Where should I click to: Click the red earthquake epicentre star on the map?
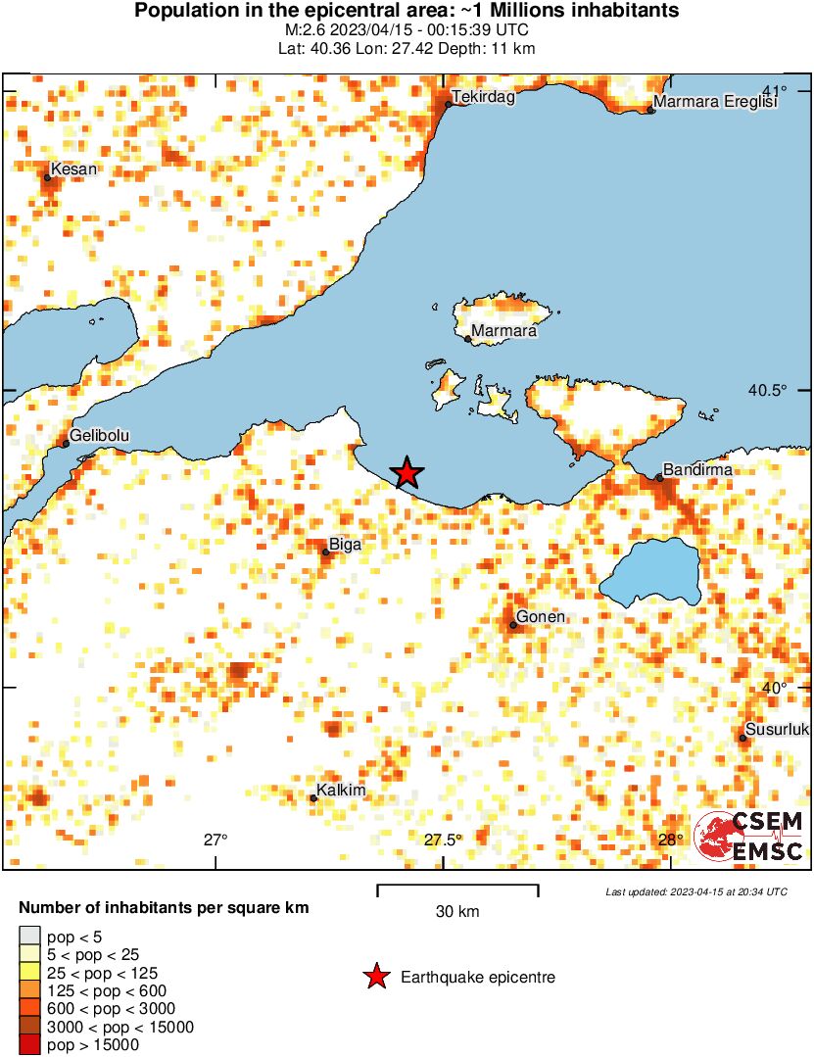(x=407, y=473)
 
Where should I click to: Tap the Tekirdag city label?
(x=483, y=97)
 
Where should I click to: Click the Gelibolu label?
(x=100, y=436)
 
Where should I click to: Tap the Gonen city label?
(x=540, y=617)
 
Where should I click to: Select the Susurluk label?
(x=778, y=730)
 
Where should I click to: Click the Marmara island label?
(x=503, y=332)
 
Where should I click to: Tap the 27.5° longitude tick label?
(x=444, y=840)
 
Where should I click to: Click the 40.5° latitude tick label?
(x=768, y=390)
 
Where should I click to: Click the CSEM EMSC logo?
(x=749, y=838)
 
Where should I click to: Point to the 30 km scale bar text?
(x=457, y=912)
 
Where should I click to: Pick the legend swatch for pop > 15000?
(x=30, y=1045)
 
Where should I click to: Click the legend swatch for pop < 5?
(x=30, y=937)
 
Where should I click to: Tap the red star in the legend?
(x=375, y=977)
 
